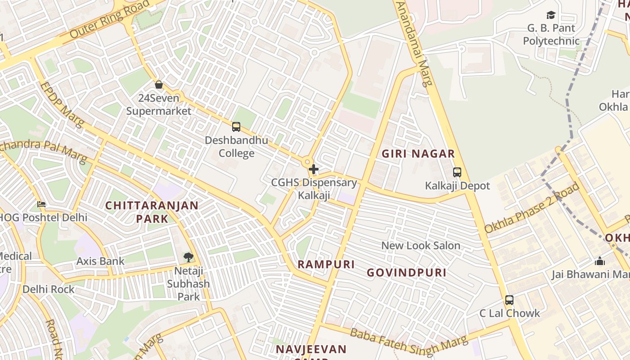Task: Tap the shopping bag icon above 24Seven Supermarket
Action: pos(159,84)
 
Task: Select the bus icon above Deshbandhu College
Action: pos(236,127)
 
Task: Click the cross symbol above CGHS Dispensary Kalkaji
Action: pos(314,170)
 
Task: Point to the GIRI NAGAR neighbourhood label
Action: pos(418,154)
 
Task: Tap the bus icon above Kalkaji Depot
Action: pos(457,172)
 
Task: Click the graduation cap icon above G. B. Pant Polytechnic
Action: pos(551,15)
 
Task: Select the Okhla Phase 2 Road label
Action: pos(532,207)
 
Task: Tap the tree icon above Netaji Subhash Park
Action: pos(188,257)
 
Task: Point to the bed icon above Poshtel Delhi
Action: pos(41,204)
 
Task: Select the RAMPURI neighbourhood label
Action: pos(326,265)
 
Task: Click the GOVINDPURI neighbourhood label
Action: pos(406,273)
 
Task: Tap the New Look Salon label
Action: pos(421,246)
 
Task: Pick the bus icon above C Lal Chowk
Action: pos(509,300)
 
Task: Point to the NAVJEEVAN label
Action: pos(311,349)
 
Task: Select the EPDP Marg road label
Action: pos(61,104)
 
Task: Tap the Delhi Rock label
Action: pos(49,289)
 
